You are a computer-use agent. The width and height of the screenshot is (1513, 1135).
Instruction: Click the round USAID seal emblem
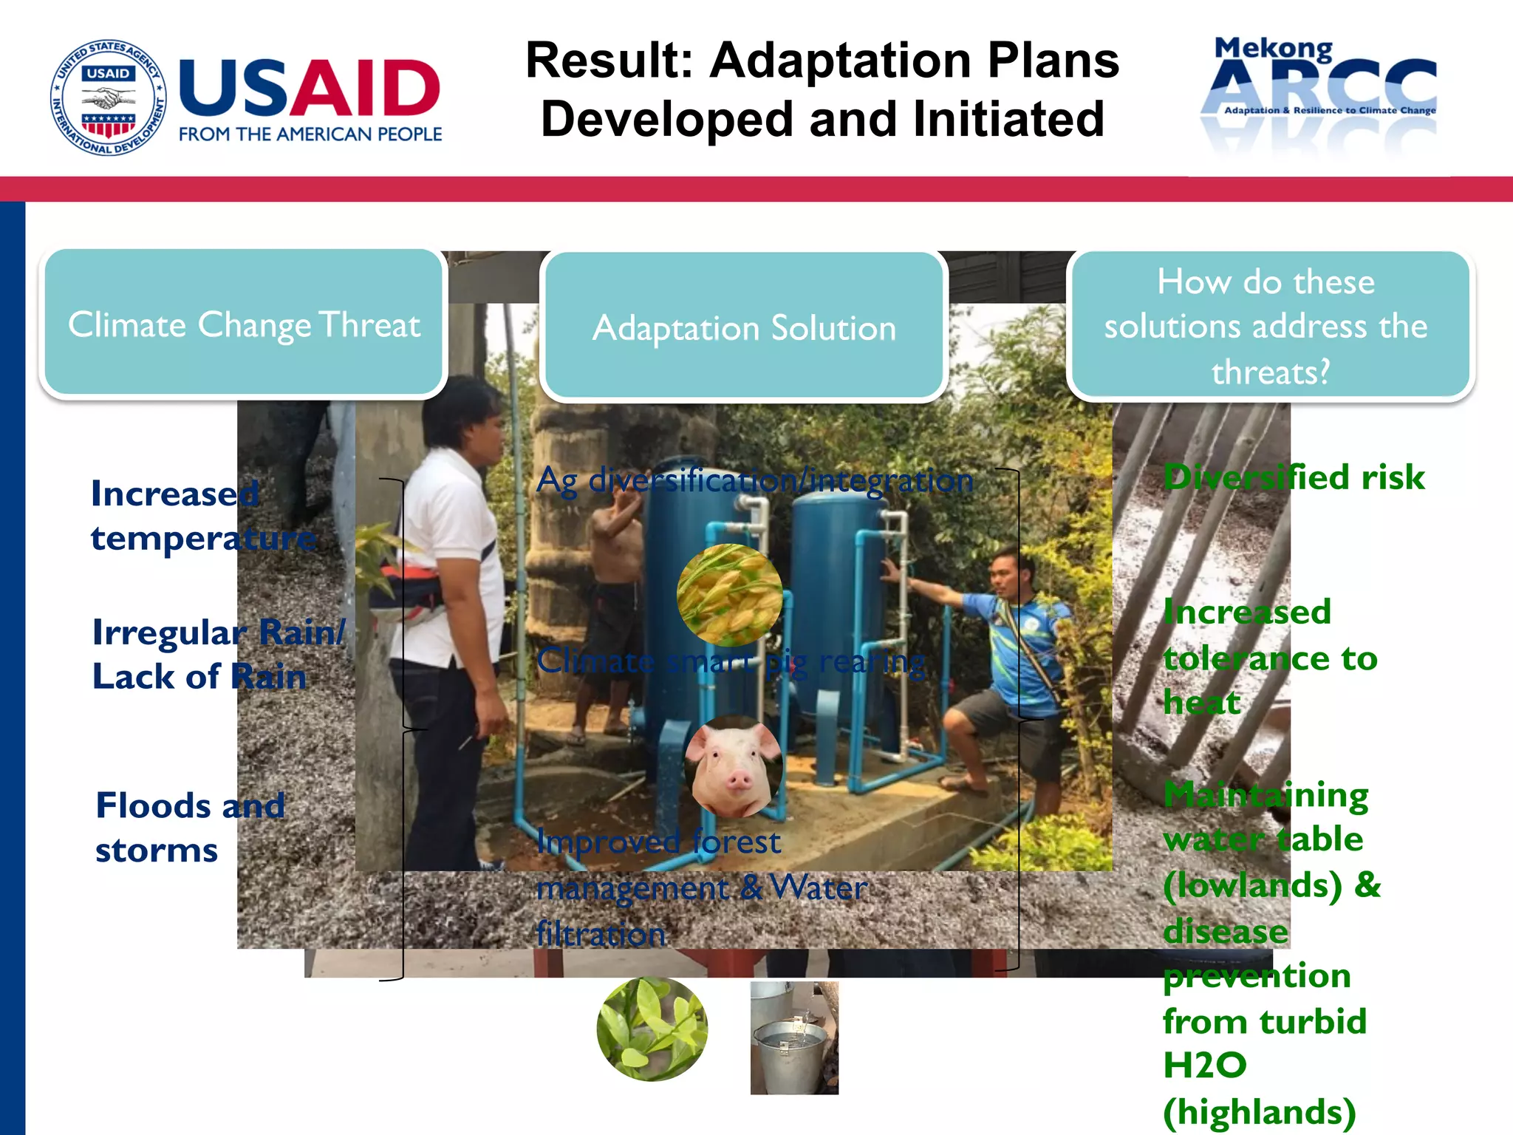click(108, 98)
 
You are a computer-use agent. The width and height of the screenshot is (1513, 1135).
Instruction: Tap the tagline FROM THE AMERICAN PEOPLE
click(310, 134)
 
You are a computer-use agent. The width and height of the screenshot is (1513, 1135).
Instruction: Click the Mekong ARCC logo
click(1318, 92)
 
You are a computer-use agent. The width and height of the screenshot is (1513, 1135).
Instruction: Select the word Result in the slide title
click(609, 61)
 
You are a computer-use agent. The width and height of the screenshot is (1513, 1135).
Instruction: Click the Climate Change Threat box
click(244, 324)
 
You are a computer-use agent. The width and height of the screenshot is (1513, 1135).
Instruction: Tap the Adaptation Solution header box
click(744, 327)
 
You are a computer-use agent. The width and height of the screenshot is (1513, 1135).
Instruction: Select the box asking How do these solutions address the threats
click(1269, 325)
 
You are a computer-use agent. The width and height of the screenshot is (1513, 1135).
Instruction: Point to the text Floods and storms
click(189, 827)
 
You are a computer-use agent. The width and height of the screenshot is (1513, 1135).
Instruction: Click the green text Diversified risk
click(1293, 477)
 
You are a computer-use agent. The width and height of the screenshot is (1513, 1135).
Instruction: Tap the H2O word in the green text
click(1204, 1066)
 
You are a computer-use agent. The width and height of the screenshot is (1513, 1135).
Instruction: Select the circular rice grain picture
click(729, 596)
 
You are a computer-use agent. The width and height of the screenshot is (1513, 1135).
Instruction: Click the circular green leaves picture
click(652, 1029)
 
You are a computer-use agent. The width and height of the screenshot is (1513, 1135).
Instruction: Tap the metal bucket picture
click(794, 1038)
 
